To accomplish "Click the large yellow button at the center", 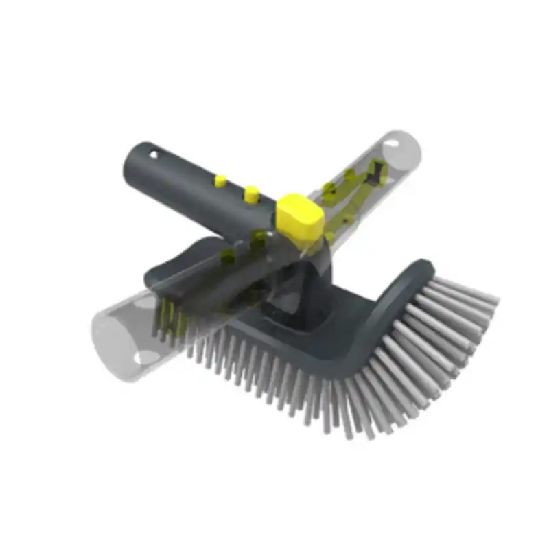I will pyautogui.click(x=299, y=214).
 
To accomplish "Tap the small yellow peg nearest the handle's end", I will pyautogui.click(x=220, y=181).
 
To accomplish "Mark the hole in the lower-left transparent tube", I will pyautogui.click(x=146, y=356).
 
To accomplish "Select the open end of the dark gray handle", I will pyautogui.click(x=132, y=165).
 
